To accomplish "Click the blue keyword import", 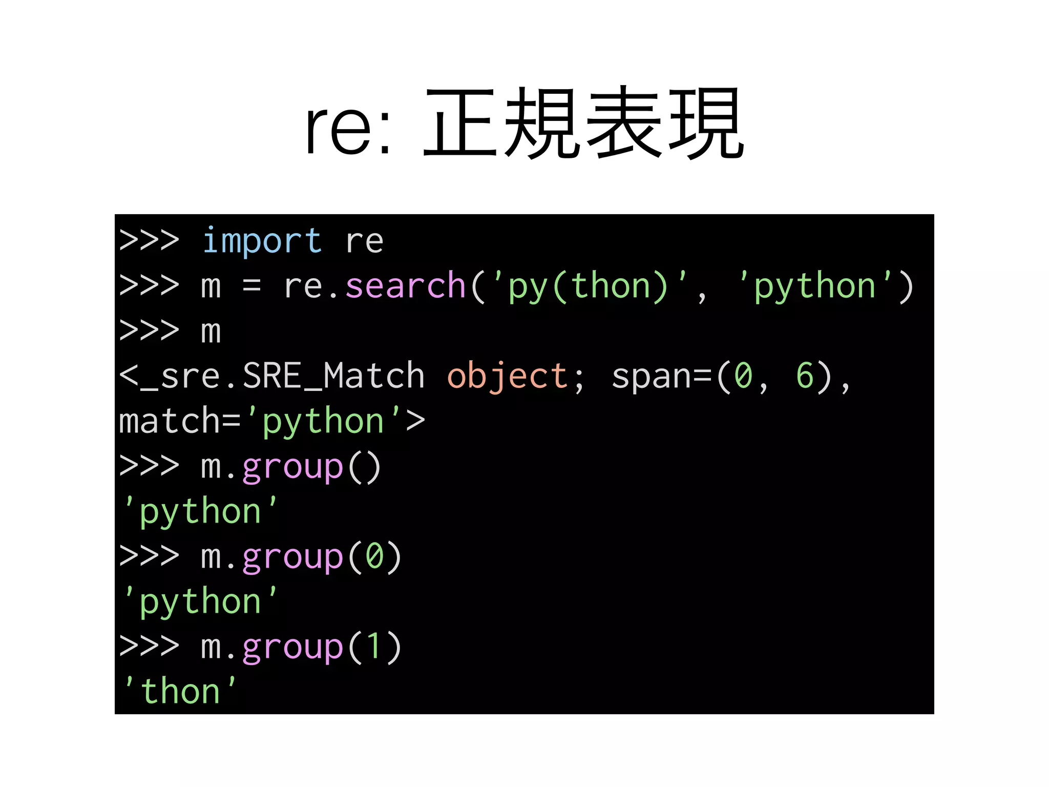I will click(262, 241).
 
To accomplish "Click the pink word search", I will click(405, 286).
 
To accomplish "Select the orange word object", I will click(507, 376).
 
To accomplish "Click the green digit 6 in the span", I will click(805, 376).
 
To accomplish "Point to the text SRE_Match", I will click(333, 376).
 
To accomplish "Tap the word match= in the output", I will click(179, 421).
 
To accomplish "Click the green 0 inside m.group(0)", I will click(374, 556).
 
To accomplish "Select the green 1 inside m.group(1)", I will click(374, 647).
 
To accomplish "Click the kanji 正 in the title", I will click(460, 123).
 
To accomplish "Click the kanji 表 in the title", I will click(624, 123).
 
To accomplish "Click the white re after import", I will click(364, 242).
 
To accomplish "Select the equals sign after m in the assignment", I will click(251, 286).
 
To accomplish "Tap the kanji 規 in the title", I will click(542, 123).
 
